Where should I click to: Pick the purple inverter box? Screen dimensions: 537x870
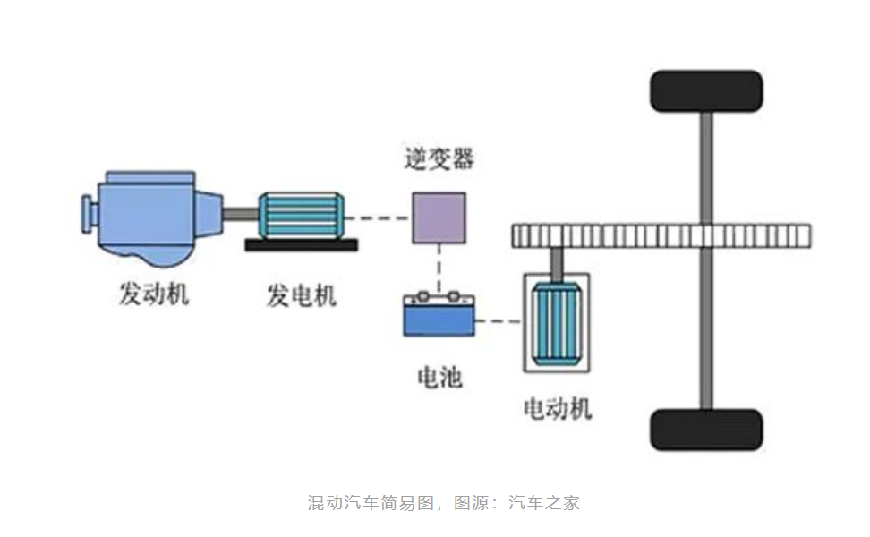click(438, 217)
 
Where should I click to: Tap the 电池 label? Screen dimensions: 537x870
click(439, 376)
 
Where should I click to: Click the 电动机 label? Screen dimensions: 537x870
click(558, 409)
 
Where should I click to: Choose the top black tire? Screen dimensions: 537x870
click(706, 91)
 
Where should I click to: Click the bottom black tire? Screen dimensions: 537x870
click(706, 430)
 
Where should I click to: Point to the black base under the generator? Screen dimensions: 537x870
click(301, 243)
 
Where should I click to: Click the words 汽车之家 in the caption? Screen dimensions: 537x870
click(544, 502)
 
